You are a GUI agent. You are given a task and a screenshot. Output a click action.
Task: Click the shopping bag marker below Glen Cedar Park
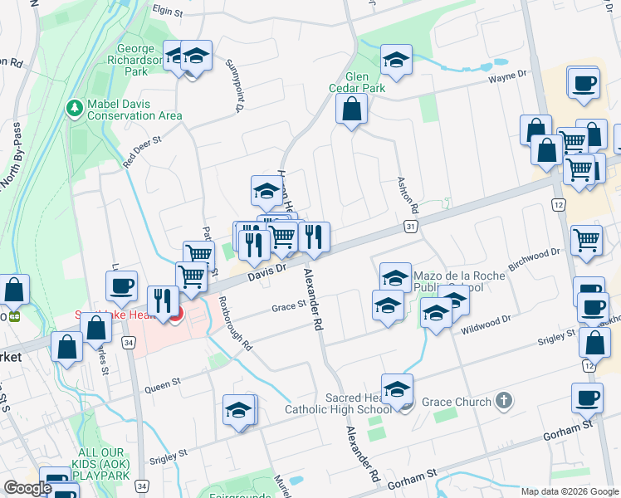click(x=352, y=110)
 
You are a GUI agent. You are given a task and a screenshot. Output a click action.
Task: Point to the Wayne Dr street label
click(x=508, y=76)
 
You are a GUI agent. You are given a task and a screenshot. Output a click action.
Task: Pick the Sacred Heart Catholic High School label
click(x=339, y=403)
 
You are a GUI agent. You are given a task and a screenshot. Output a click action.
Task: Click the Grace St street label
click(x=290, y=307)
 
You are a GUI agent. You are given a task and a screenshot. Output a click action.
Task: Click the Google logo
click(x=27, y=488)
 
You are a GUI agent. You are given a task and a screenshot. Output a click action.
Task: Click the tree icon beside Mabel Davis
click(x=74, y=109)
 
